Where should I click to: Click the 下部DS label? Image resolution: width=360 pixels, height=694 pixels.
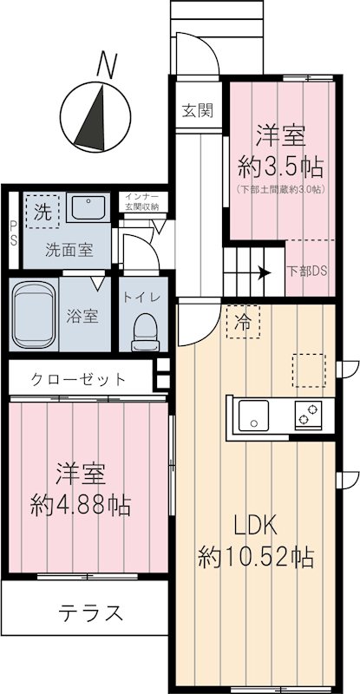click(308, 271)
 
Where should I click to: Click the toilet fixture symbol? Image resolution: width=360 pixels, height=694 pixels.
click(144, 331)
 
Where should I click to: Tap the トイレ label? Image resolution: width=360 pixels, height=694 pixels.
click(140, 297)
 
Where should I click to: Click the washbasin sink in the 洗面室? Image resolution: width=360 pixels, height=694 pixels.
click(86, 208)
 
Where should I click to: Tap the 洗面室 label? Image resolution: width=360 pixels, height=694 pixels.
click(70, 251)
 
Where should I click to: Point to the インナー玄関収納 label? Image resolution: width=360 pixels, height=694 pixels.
click(142, 202)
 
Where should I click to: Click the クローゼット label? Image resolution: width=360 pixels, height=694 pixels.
click(79, 379)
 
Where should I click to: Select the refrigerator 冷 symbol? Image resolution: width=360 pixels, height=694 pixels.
click(243, 323)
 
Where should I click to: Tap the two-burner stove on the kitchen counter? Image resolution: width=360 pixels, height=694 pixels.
click(309, 414)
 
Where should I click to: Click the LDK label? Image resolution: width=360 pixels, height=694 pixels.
click(255, 526)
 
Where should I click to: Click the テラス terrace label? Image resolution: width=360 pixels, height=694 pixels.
click(91, 613)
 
